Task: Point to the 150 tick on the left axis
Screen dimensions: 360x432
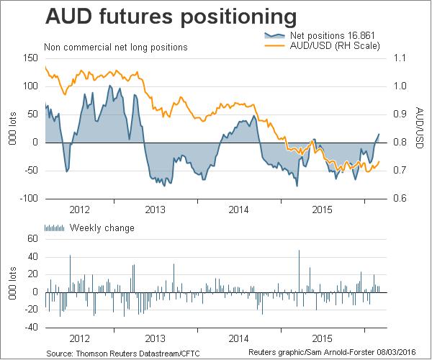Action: pyautogui.click(x=30, y=58)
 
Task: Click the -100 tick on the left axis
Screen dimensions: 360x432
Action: pyautogui.click(x=28, y=198)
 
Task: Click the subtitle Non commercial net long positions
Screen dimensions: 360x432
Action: pyautogui.click(x=115, y=48)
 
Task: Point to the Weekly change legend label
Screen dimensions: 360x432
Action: pyautogui.click(x=102, y=228)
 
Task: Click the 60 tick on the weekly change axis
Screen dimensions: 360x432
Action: pyautogui.click(x=32, y=238)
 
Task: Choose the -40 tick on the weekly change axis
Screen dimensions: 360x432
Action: pyautogui.click(x=30, y=326)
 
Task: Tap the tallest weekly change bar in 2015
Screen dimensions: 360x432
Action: pyautogui.click(x=299, y=271)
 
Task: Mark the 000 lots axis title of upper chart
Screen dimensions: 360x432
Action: pyautogui.click(x=10, y=127)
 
